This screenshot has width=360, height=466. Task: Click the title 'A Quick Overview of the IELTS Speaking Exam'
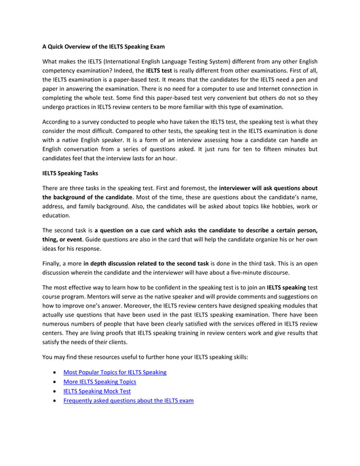tap(104, 46)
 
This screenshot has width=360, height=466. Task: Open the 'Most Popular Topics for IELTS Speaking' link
tap(115, 373)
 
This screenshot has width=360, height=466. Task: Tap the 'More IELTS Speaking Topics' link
tap(99, 382)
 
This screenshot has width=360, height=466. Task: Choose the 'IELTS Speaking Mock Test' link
tap(96, 391)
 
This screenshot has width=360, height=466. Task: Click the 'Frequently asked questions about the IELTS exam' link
tap(129, 401)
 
